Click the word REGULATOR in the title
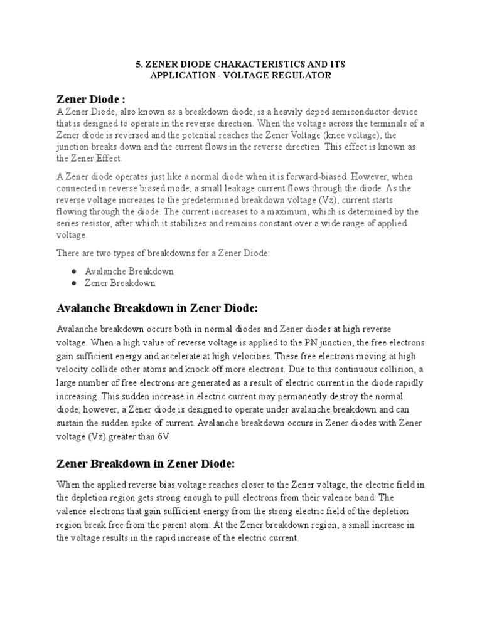pyautogui.click(x=303, y=76)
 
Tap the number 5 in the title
pyautogui.click(x=139, y=65)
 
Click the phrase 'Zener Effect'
pyautogui.click(x=97, y=158)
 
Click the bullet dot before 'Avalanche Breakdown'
pyautogui.click(x=75, y=271)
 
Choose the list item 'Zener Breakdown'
pyautogui.click(x=120, y=283)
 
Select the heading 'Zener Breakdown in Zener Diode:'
pyautogui.click(x=146, y=464)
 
